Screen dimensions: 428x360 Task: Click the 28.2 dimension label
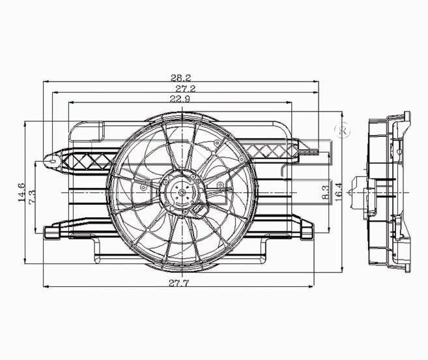(181, 78)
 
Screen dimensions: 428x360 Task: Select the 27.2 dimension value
(186, 89)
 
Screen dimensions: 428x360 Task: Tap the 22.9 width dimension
(180, 98)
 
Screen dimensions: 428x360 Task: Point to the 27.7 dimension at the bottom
(178, 283)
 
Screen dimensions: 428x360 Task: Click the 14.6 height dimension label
(21, 192)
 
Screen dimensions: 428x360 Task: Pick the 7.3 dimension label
(32, 196)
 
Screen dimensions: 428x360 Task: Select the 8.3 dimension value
(325, 192)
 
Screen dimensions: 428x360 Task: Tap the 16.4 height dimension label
(338, 192)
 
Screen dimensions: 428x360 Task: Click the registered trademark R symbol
(343, 131)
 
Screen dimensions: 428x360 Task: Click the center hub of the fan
(182, 192)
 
